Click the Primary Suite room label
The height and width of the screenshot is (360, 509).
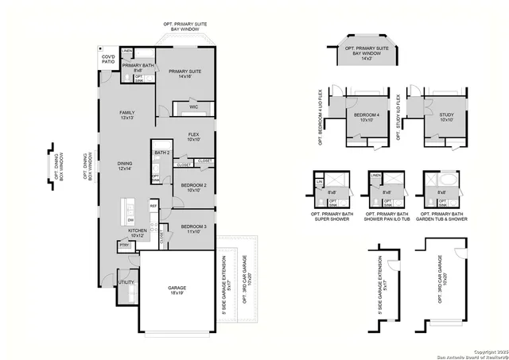click(x=185, y=74)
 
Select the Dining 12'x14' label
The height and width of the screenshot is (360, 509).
click(x=125, y=165)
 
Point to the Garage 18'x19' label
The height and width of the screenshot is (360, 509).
click(x=177, y=290)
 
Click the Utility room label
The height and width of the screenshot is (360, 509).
click(x=126, y=282)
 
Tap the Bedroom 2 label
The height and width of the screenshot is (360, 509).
click(x=193, y=187)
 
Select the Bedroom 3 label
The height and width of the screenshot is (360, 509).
click(x=193, y=228)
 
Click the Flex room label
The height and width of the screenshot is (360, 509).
click(x=193, y=137)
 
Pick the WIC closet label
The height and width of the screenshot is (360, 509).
click(x=193, y=107)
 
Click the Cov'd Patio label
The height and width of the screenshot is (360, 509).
click(x=107, y=60)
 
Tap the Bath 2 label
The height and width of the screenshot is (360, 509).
click(x=162, y=153)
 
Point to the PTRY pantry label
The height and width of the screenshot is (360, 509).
click(x=124, y=246)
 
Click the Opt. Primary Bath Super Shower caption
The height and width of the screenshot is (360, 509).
click(x=328, y=218)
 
